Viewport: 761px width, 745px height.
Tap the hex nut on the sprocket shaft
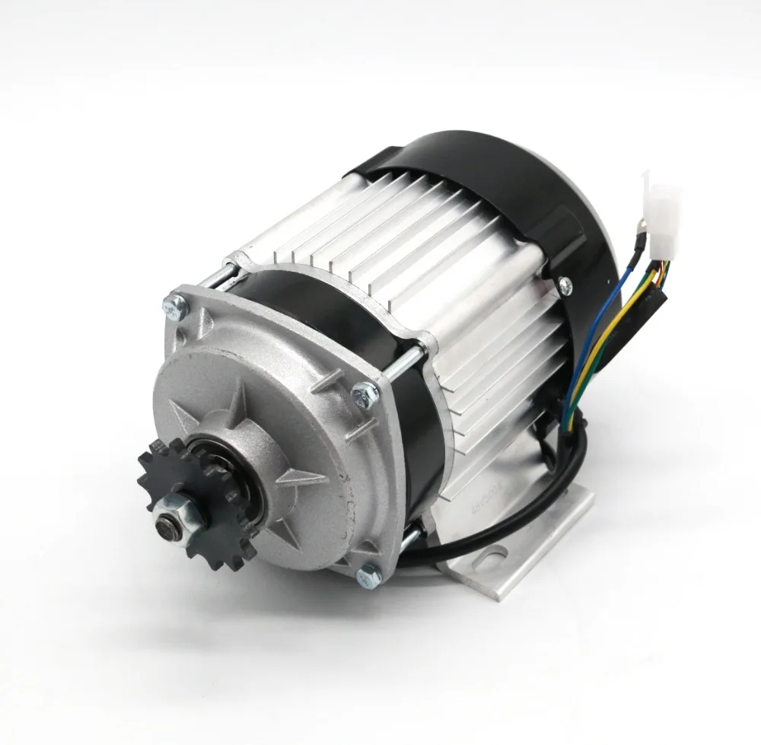coord(177,511)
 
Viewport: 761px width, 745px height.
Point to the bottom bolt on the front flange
coord(369,576)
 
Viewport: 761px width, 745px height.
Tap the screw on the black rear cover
coord(564,285)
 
